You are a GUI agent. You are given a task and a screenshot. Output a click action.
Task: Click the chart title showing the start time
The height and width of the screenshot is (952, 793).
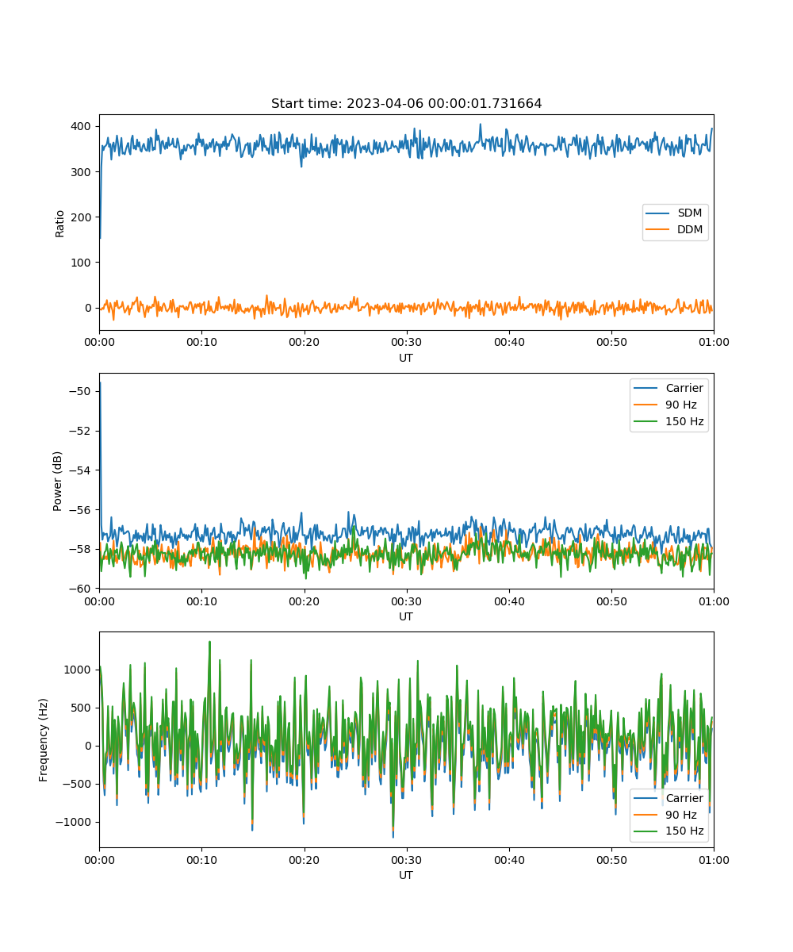pyautogui.click(x=406, y=103)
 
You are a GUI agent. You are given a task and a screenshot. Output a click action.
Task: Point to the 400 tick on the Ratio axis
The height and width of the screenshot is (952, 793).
pyautogui.click(x=81, y=126)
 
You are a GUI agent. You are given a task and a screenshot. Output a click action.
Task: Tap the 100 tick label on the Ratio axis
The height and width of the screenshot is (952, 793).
pyautogui.click(x=81, y=263)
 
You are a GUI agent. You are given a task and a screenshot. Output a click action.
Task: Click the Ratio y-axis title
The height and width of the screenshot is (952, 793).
pyautogui.click(x=59, y=224)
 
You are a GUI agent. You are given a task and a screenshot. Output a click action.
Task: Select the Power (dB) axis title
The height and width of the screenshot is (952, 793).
pyautogui.click(x=57, y=481)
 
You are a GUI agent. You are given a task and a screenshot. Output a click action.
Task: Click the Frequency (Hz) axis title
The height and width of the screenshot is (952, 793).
pyautogui.click(x=44, y=739)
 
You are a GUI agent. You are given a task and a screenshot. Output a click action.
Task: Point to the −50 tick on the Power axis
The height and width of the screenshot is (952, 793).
pyautogui.click(x=80, y=391)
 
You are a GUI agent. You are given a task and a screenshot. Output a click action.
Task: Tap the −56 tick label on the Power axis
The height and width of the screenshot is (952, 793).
pyautogui.click(x=80, y=510)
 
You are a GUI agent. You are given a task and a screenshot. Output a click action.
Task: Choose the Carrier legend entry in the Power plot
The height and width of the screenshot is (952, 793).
pyautogui.click(x=668, y=388)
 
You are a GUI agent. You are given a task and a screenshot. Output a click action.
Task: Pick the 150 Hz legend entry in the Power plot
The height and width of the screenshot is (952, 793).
pyautogui.click(x=668, y=421)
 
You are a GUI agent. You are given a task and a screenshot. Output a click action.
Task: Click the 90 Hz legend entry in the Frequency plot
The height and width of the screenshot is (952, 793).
pyautogui.click(x=665, y=815)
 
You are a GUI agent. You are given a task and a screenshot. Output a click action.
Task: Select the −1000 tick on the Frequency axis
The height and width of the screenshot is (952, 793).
pyautogui.click(x=73, y=822)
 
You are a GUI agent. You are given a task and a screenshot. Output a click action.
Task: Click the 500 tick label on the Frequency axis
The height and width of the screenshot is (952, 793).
pyautogui.click(x=81, y=708)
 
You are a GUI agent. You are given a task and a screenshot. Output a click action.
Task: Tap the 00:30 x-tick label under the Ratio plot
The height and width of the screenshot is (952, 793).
pyautogui.click(x=407, y=343)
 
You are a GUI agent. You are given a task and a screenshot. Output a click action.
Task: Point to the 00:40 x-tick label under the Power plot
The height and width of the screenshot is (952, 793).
pyautogui.click(x=509, y=601)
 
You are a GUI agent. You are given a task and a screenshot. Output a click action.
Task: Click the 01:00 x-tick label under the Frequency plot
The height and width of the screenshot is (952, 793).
pyautogui.click(x=714, y=860)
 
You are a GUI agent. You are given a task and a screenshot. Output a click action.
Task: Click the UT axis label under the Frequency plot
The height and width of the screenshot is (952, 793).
pyautogui.click(x=405, y=876)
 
